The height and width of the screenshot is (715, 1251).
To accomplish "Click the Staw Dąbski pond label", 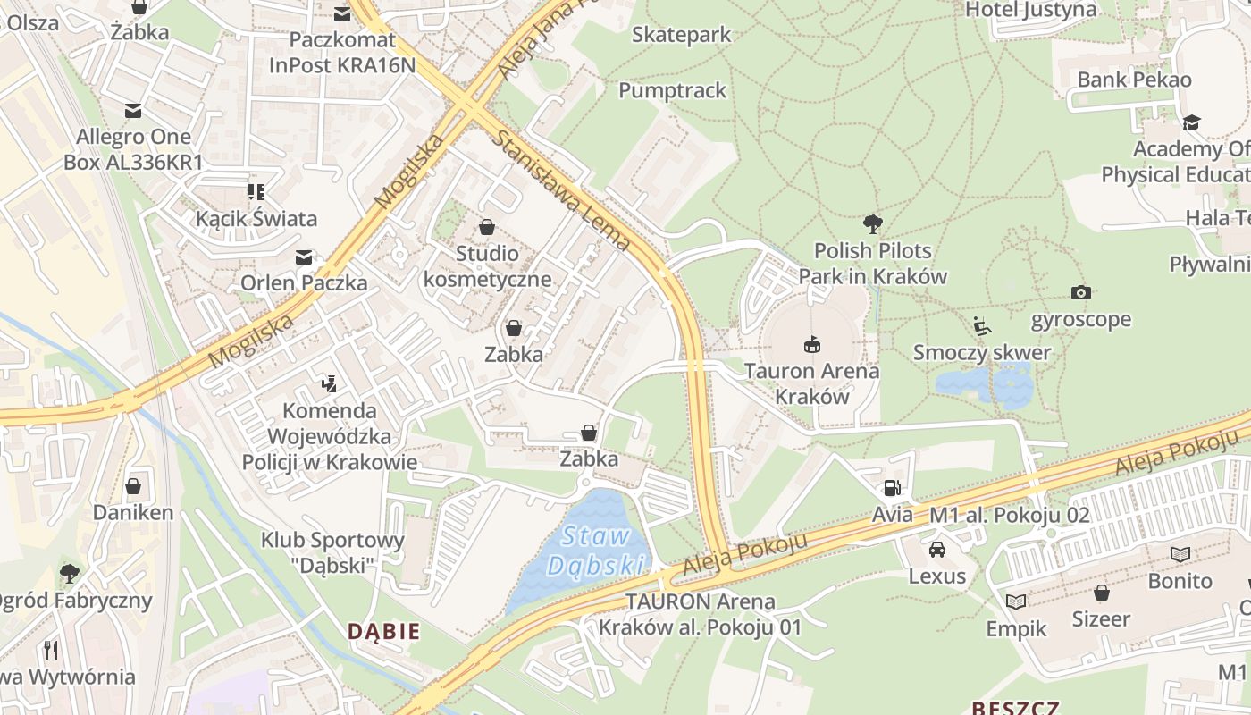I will point(596,551).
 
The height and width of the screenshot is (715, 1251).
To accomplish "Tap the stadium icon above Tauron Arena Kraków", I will point(811,343).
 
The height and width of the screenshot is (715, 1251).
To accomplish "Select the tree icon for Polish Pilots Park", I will point(873,223).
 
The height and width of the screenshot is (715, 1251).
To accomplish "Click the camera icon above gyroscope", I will point(1080,292).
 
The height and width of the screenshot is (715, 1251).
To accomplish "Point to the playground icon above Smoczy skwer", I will point(982,326).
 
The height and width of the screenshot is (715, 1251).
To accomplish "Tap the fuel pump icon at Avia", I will point(891,488).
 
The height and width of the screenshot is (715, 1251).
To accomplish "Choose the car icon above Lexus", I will point(936,549).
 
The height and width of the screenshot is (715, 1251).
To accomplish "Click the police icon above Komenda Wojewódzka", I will point(329,384).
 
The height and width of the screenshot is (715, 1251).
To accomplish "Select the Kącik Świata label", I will point(256,218).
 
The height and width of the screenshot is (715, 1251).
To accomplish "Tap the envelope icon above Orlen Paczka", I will point(304,257).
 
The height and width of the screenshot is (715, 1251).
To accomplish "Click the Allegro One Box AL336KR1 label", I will point(133,149).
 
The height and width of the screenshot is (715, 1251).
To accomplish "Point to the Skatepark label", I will point(681,35).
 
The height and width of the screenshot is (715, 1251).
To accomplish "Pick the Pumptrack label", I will point(672,90).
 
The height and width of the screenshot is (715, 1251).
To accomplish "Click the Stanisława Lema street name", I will point(561,189).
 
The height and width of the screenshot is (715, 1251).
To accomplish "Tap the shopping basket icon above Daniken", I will point(133,486).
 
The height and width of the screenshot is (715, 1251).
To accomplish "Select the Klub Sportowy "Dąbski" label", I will point(332,551).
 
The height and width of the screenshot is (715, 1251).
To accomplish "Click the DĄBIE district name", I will point(383,631).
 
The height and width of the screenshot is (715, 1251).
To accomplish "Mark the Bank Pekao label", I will point(1134,80).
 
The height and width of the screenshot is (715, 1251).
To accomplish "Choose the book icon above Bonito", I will point(1180,554).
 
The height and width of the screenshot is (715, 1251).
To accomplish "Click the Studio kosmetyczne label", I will point(487,265).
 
